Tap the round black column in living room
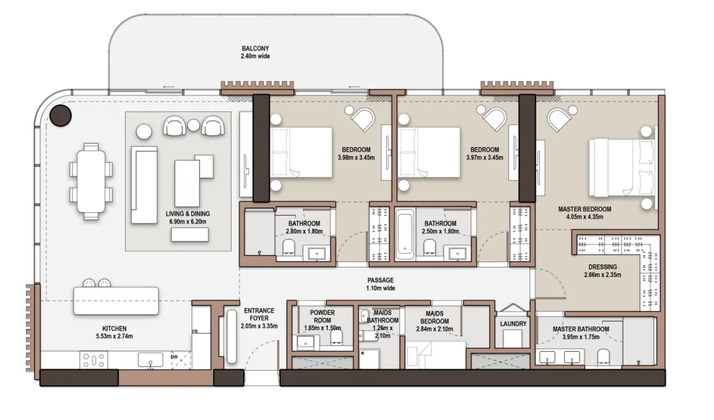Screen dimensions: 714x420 (x=61, y=115)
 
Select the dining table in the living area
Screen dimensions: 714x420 (x=91, y=182)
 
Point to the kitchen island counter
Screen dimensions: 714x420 (x=116, y=300)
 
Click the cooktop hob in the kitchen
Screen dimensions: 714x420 (x=94, y=360)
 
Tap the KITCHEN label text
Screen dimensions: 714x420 (x=115, y=328)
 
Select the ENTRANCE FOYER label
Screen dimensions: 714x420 (x=259, y=314)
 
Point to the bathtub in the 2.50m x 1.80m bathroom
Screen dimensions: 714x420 (x=404, y=234)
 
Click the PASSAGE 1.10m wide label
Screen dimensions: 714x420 (x=381, y=284)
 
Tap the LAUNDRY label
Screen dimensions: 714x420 (x=513, y=324)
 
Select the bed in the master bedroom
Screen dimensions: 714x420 (x=623, y=167)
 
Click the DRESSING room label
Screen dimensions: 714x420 (x=603, y=267)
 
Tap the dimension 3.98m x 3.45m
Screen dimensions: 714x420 (x=356, y=157)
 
